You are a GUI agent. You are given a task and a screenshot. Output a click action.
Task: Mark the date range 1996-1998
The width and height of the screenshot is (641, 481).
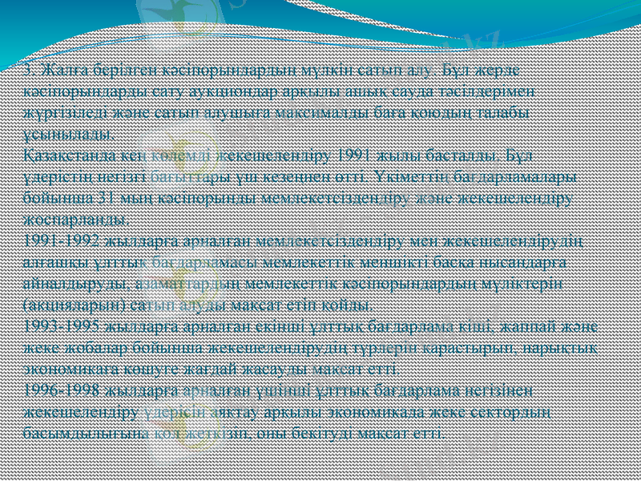pyautogui.click(x=61, y=389)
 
